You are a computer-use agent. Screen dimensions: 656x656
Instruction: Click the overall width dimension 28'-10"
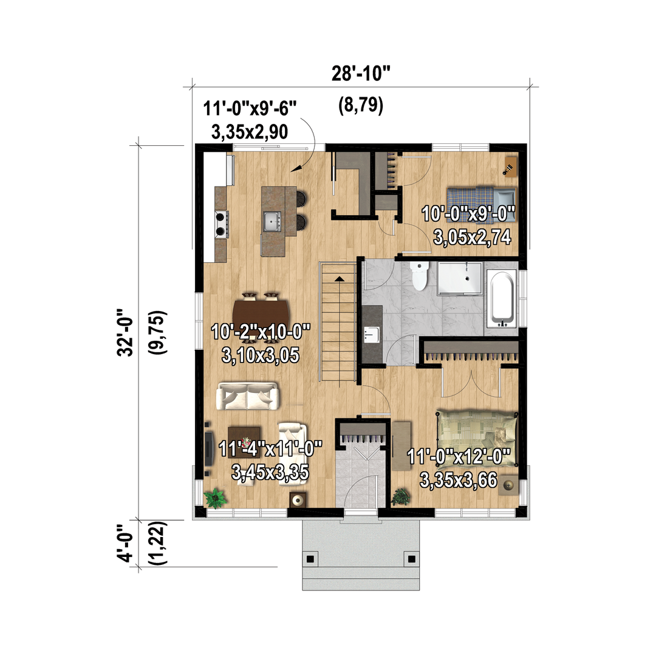(361, 73)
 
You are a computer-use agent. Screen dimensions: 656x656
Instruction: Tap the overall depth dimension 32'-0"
(125, 333)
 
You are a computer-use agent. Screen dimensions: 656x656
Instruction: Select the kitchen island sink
(272, 221)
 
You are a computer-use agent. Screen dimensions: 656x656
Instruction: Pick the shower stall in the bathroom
(460, 279)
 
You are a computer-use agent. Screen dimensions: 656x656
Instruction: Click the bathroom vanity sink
(372, 334)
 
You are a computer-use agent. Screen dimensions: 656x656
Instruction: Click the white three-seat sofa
(248, 396)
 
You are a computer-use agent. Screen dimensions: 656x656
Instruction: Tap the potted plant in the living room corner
(215, 498)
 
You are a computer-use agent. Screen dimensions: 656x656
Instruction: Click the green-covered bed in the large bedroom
(477, 439)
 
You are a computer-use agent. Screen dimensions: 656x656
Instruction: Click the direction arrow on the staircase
(339, 278)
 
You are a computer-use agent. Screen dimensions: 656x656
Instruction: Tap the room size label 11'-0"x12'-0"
(459, 456)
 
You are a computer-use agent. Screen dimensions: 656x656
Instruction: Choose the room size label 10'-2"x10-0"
(261, 333)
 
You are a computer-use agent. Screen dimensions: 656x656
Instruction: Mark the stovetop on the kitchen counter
(221, 224)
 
